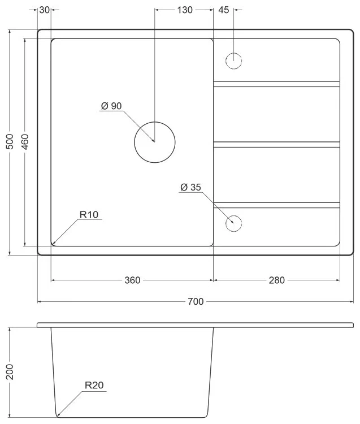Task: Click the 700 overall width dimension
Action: pyautogui.click(x=196, y=301)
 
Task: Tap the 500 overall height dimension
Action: pyautogui.click(x=10, y=141)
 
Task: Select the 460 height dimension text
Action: pyautogui.click(x=25, y=141)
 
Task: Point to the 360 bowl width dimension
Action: pyautogui.click(x=132, y=280)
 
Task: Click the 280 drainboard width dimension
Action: pyautogui.click(x=277, y=280)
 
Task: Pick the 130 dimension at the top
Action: pyautogui.click(x=185, y=10)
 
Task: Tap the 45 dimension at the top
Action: pyautogui.click(x=223, y=10)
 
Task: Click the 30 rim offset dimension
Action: pyautogui.click(x=44, y=10)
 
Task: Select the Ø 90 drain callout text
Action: pyautogui.click(x=111, y=106)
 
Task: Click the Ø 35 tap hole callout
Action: pyautogui.click(x=191, y=187)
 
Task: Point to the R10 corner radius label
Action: pyautogui.click(x=89, y=215)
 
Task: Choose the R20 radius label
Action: pyautogui.click(x=94, y=385)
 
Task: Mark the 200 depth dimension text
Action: pyautogui.click(x=10, y=372)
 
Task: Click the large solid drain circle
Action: pyautogui.click(x=155, y=142)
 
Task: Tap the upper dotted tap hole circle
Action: pyautogui.click(x=233, y=61)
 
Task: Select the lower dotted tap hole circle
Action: pyautogui.click(x=233, y=224)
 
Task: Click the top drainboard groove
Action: pyautogui.click(x=276, y=84)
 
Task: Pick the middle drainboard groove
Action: pyautogui.click(x=276, y=144)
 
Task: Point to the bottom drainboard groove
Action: pyautogui.click(x=276, y=205)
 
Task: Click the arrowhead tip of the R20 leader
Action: pyautogui.click(x=57, y=415)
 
